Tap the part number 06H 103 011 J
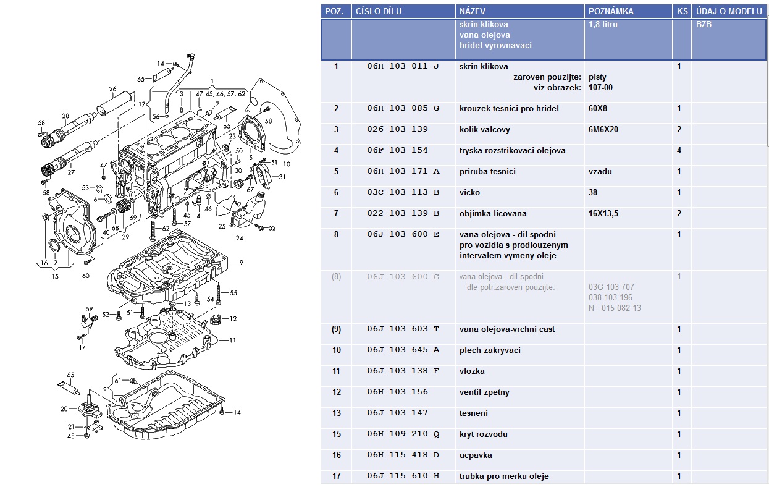[x=403, y=66]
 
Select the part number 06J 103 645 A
[x=403, y=350]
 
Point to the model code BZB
[x=704, y=25]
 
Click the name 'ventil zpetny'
[x=484, y=392]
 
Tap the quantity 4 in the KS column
[x=679, y=150]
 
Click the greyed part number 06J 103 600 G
[x=403, y=276]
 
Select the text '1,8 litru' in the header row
[x=603, y=25]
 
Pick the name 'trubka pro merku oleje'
[x=504, y=476]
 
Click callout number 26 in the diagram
[x=112, y=90]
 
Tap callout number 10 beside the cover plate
[x=287, y=164]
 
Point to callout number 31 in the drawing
[x=282, y=177]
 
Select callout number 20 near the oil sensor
[x=64, y=409]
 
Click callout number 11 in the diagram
[x=233, y=340]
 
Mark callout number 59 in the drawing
[x=89, y=308]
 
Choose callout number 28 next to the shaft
[x=65, y=116]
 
